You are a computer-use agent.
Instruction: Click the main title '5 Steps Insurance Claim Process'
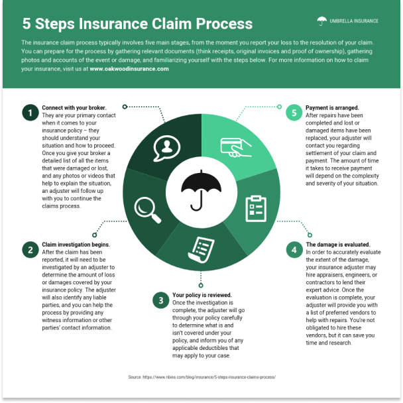tap(137, 24)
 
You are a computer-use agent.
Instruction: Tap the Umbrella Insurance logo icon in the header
tap(321, 21)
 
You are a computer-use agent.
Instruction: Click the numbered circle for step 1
tap(29, 113)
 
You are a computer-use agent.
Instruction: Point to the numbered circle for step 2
tap(29, 249)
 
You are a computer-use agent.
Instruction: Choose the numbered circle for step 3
tap(160, 300)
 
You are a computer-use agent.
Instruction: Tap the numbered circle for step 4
tap(294, 250)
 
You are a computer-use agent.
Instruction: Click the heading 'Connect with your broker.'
tap(74, 107)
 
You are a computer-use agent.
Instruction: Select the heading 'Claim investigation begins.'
tap(76, 244)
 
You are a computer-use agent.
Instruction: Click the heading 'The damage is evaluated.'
tap(337, 245)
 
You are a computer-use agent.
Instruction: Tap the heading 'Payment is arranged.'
tap(332, 107)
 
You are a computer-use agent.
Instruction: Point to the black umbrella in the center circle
tap(201, 188)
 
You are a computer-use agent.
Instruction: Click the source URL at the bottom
tap(201, 376)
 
